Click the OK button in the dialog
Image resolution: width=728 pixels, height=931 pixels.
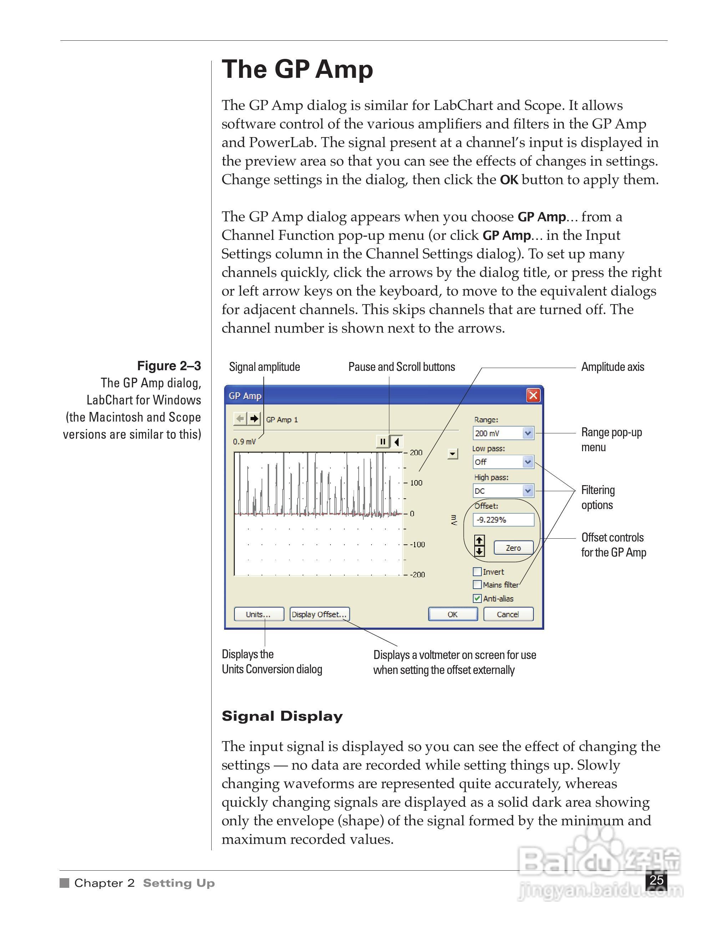click(x=453, y=614)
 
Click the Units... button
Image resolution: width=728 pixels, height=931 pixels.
click(x=258, y=614)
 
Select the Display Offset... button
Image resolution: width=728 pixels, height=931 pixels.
click(x=319, y=614)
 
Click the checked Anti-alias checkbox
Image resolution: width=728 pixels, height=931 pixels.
click(x=478, y=599)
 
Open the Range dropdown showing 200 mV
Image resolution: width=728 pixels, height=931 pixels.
click(x=528, y=433)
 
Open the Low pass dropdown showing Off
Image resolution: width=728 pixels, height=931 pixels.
click(x=528, y=462)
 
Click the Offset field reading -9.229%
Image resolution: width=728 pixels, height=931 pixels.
click(x=503, y=520)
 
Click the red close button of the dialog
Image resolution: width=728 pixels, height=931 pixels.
click(x=533, y=396)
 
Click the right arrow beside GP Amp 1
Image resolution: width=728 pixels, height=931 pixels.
click(x=254, y=419)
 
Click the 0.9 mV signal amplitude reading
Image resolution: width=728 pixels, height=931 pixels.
click(x=244, y=442)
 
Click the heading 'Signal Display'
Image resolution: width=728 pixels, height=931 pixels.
click(x=282, y=716)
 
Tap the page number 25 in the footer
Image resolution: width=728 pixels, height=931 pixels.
click(x=656, y=880)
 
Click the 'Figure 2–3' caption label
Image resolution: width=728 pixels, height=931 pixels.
click(x=169, y=366)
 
